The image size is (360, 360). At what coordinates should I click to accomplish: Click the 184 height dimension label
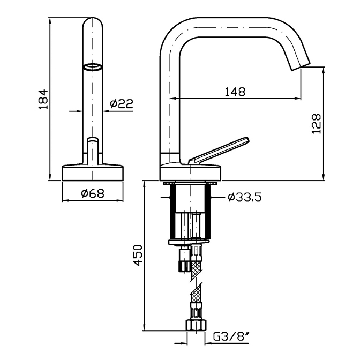tap(43, 99)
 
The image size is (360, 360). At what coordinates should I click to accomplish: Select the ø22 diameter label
tap(122, 103)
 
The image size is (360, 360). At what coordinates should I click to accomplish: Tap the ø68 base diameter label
tap(93, 193)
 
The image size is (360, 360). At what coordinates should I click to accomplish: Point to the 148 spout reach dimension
tap(235, 92)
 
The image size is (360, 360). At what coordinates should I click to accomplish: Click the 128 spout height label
tap(316, 123)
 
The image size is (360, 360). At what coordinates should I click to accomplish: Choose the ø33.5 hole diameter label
tap(245, 197)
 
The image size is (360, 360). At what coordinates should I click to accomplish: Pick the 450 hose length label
tap(138, 255)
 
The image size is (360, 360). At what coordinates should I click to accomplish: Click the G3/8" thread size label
tap(231, 337)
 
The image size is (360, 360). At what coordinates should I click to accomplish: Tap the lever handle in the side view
tap(219, 151)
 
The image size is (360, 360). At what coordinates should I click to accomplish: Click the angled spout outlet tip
tap(301, 66)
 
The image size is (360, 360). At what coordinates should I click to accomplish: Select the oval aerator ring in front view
tap(92, 67)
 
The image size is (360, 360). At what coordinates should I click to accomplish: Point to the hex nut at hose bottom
tap(196, 325)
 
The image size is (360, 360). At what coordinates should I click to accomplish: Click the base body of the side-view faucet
tap(190, 172)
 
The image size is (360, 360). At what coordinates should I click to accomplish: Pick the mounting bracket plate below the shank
tap(189, 243)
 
